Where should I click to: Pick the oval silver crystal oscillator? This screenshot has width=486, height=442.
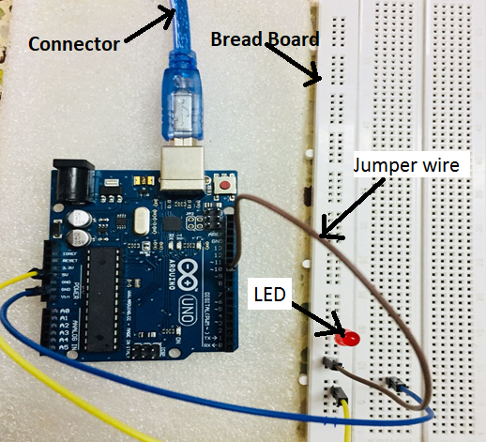click(143, 222)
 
